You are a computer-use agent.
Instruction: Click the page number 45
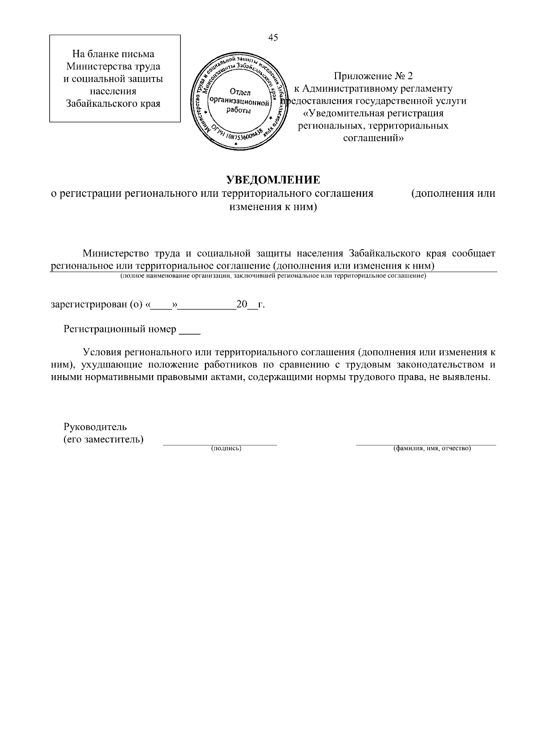click(x=273, y=38)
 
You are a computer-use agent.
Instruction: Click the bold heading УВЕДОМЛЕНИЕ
click(x=273, y=180)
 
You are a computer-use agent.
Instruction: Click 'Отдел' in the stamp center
click(x=240, y=93)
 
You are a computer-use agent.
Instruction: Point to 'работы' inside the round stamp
click(x=239, y=110)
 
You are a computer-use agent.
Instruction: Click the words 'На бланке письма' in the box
click(x=113, y=54)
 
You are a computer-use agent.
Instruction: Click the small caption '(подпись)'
click(x=226, y=448)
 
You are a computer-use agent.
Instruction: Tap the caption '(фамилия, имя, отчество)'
click(x=432, y=448)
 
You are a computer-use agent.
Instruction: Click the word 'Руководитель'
click(x=95, y=427)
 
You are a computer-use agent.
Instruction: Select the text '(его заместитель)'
click(x=104, y=440)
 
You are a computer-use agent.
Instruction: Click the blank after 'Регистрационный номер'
click(x=190, y=330)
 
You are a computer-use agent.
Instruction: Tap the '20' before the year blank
click(x=241, y=305)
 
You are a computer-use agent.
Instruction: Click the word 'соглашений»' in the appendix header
click(x=373, y=138)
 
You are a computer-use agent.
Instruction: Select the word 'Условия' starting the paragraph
click(x=102, y=352)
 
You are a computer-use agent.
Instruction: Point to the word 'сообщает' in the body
click(x=473, y=254)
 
